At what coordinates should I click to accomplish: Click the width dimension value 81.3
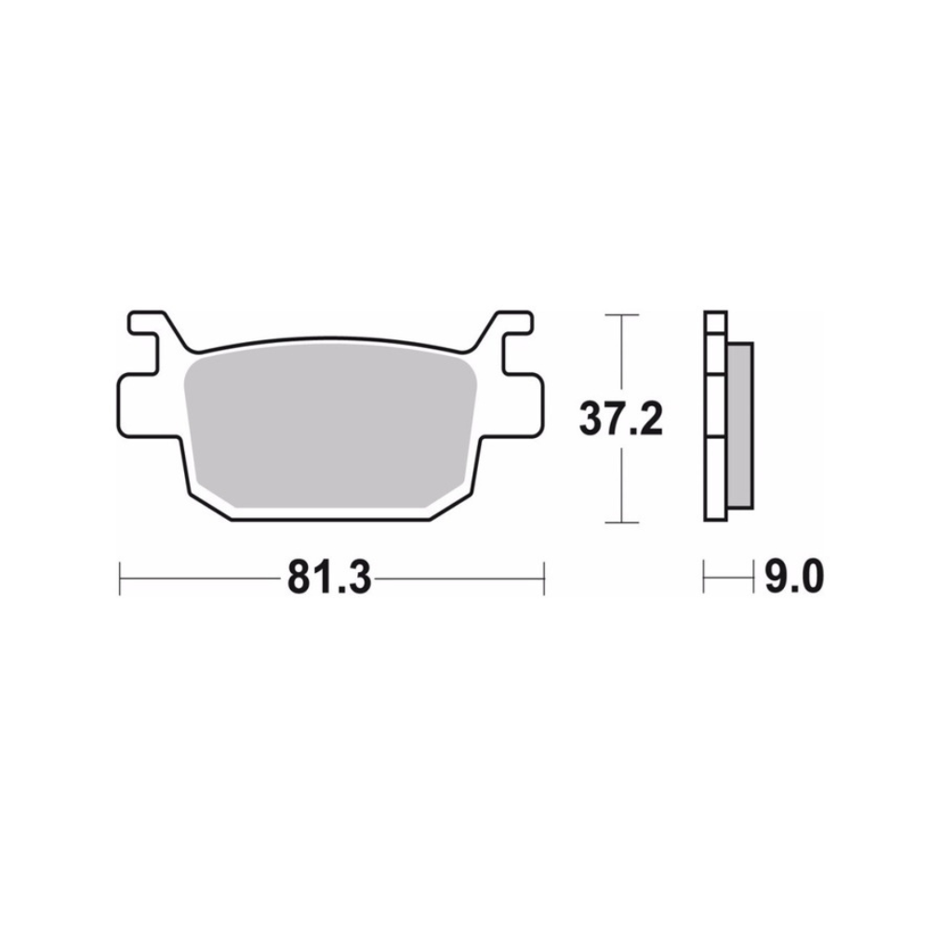[x=329, y=578]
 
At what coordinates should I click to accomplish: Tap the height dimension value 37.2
[x=620, y=419]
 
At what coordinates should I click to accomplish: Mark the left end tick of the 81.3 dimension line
[x=121, y=578]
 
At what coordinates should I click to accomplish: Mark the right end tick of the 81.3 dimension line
[x=543, y=578]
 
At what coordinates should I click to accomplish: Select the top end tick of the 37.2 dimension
[x=621, y=316]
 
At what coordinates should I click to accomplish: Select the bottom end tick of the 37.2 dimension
[x=621, y=523]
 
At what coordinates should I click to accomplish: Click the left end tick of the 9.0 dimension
[x=705, y=578]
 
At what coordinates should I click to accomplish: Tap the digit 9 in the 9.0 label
[x=774, y=578]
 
